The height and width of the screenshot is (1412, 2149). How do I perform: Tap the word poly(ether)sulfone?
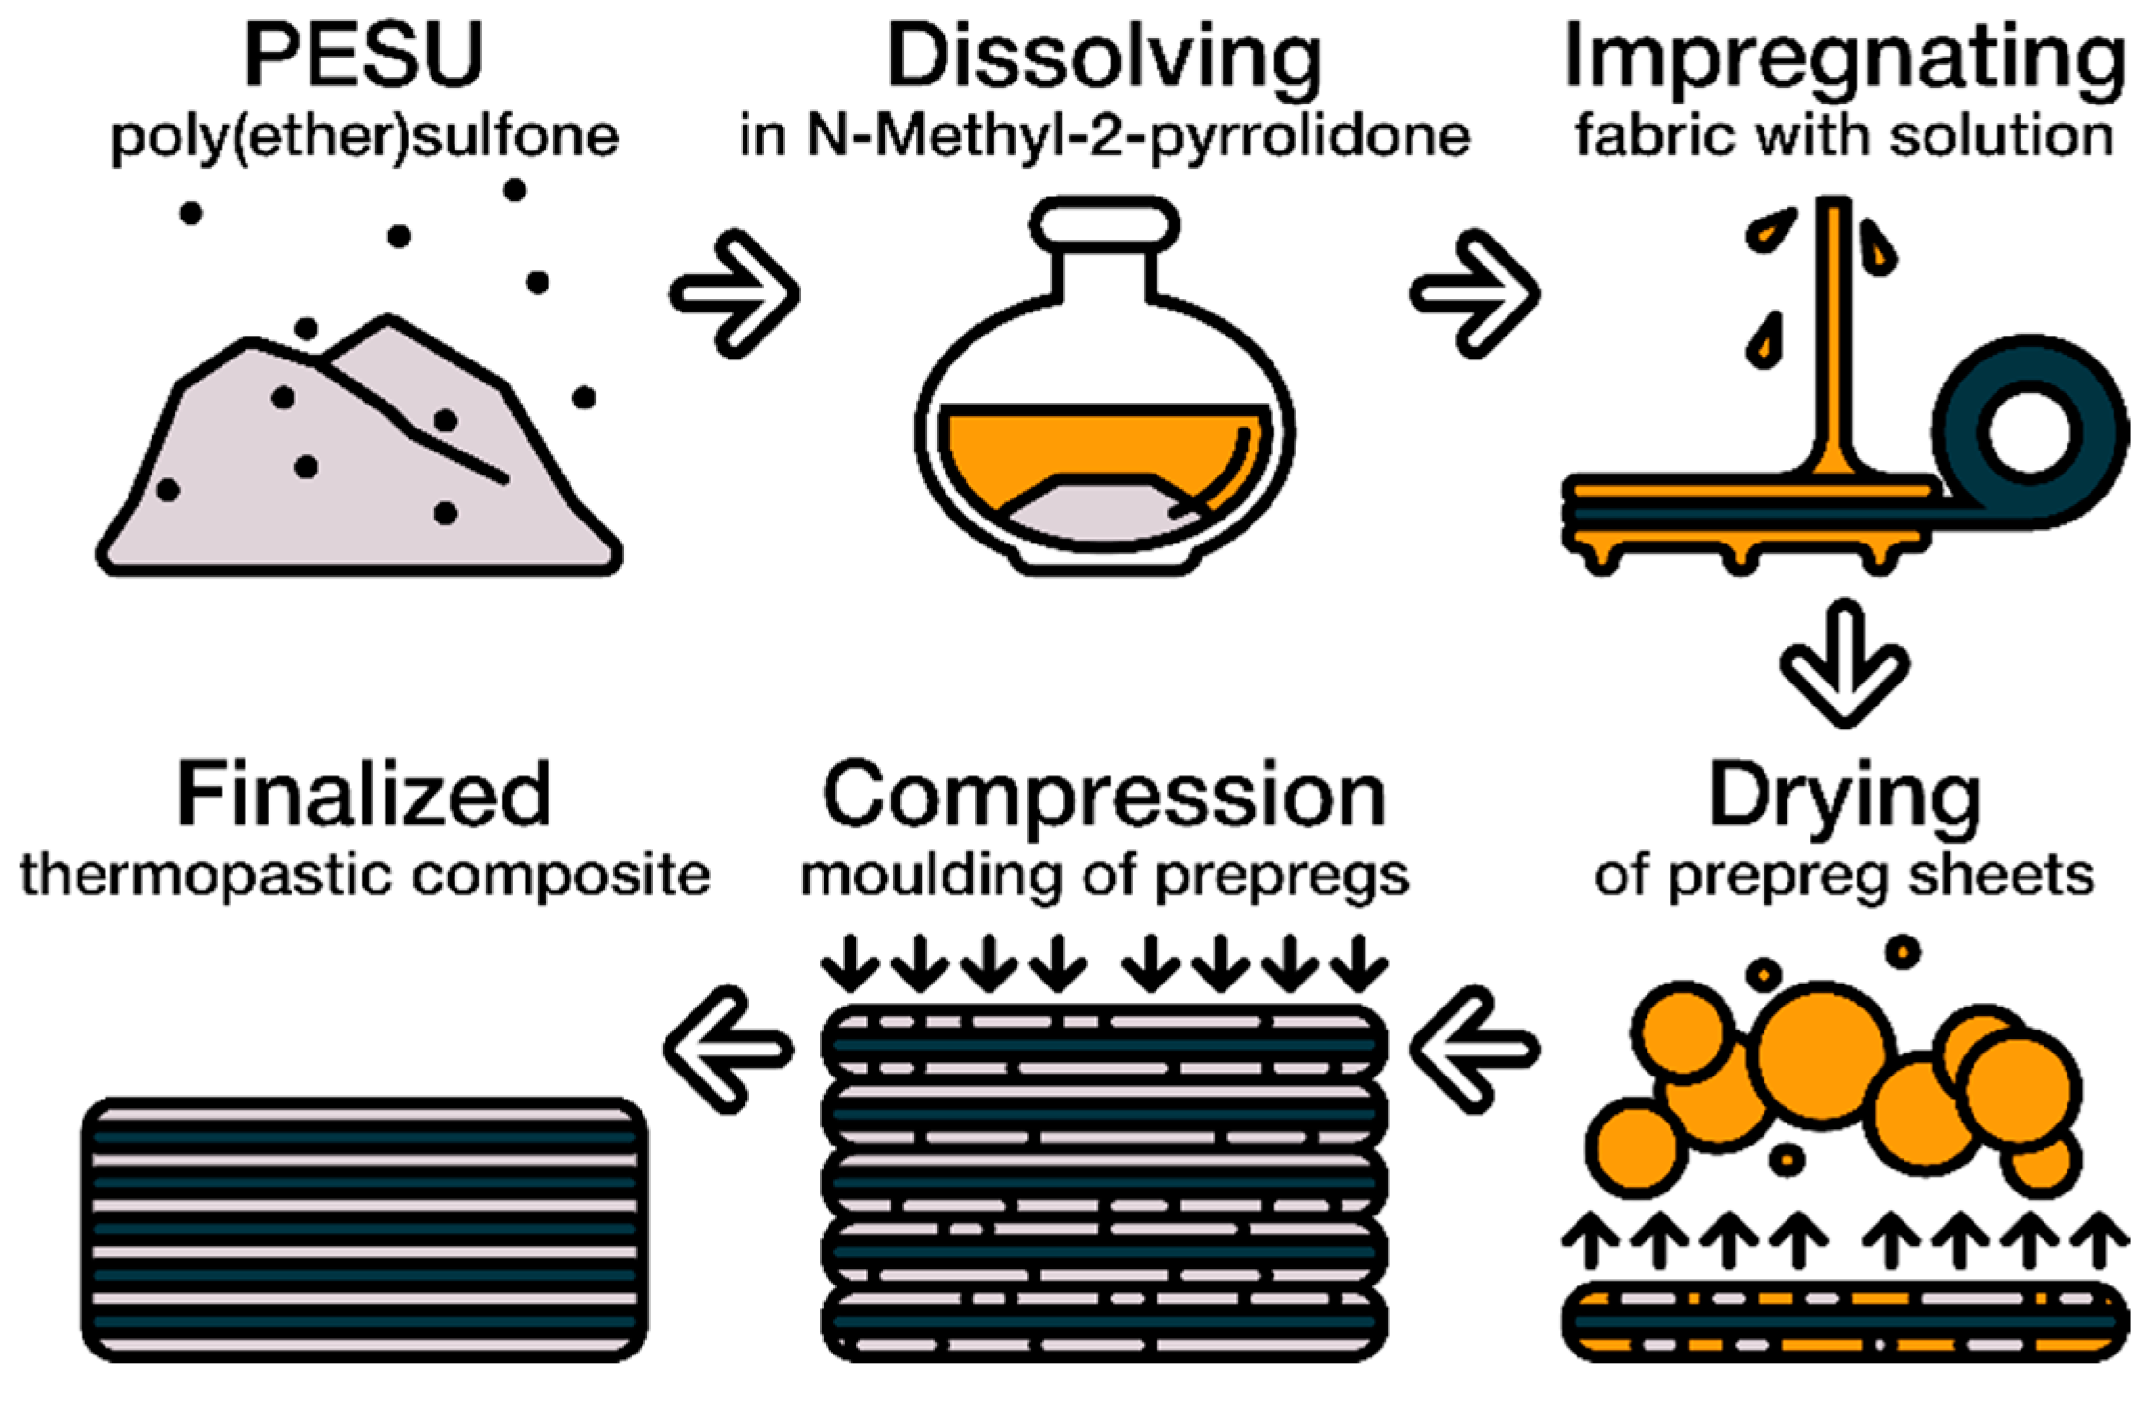(x=364, y=137)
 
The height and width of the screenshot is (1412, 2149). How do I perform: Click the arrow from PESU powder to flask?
(x=735, y=293)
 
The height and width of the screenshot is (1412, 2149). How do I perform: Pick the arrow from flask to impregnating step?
(x=1475, y=293)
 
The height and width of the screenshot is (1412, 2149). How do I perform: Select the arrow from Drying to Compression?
(x=1475, y=1049)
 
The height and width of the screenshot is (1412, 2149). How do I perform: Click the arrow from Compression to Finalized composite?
(x=729, y=1049)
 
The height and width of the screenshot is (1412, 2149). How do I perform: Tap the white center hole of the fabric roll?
(x=2029, y=431)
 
